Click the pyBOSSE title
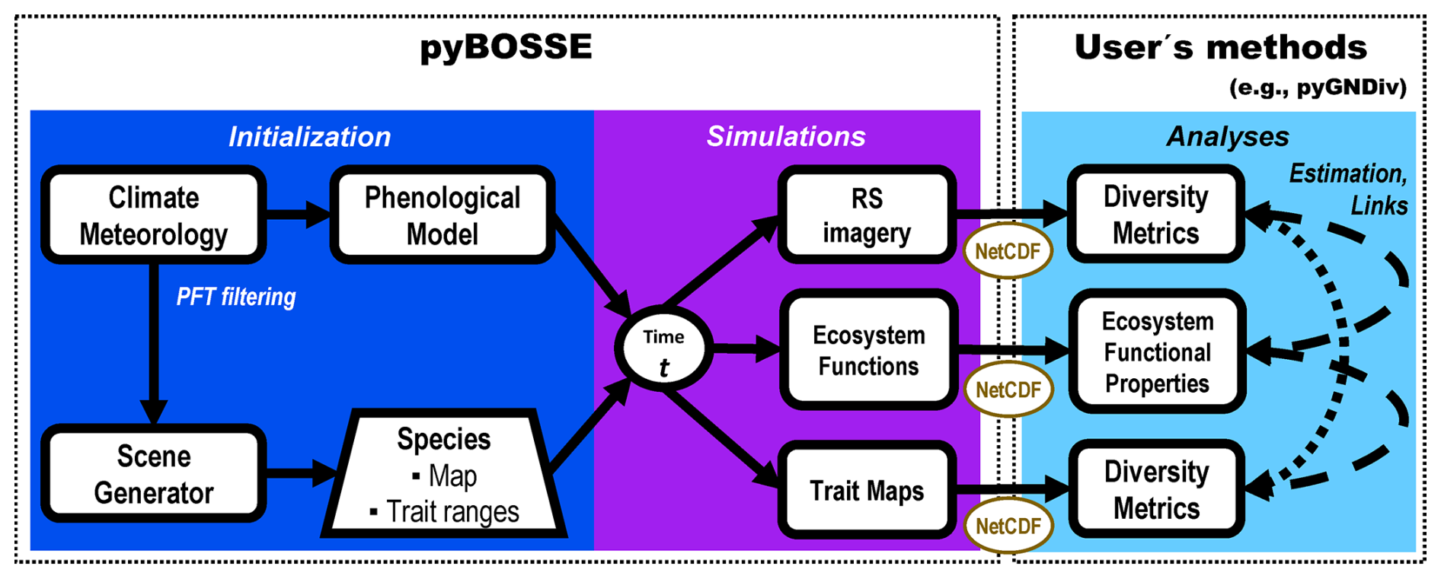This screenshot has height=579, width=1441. (x=506, y=47)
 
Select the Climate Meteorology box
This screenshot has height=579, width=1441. (x=154, y=215)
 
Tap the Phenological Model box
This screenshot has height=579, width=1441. (x=443, y=215)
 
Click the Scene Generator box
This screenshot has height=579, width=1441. (x=154, y=474)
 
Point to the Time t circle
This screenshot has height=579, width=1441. (x=663, y=350)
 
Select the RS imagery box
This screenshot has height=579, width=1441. (x=867, y=215)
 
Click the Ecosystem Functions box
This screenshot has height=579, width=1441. (x=868, y=351)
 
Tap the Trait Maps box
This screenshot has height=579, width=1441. (x=867, y=491)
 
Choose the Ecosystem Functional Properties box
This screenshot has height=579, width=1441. (x=1157, y=352)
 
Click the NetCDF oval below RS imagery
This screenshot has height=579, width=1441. (x=1008, y=251)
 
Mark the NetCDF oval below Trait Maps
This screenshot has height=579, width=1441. (x=1008, y=526)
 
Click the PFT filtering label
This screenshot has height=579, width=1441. (x=236, y=297)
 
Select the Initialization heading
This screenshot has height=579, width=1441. (x=310, y=137)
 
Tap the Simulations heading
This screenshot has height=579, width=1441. (x=786, y=136)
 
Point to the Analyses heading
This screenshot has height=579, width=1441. (x=1228, y=137)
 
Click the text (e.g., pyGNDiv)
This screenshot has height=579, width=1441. (x=1318, y=87)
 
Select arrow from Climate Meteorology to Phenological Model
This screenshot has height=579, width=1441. (x=298, y=214)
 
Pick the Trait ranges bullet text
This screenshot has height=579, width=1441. (x=452, y=512)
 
